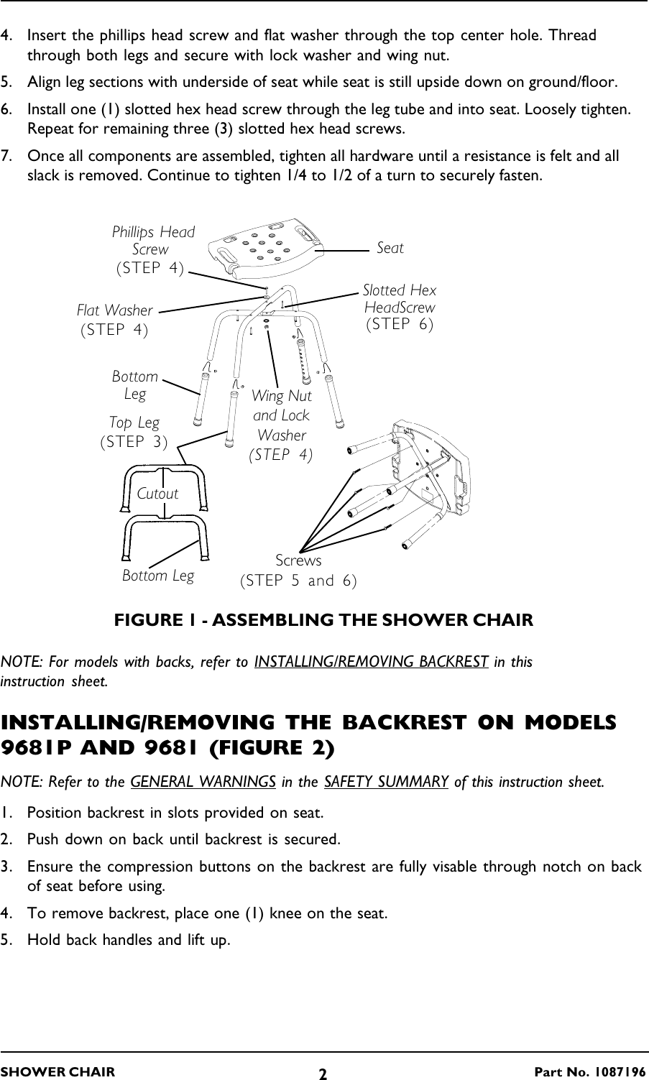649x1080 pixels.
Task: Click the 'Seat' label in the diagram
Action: (x=390, y=248)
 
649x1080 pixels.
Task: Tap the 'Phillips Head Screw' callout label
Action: (x=152, y=241)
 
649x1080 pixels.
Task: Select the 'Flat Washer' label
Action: (x=115, y=311)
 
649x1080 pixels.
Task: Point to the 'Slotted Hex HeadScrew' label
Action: (x=400, y=299)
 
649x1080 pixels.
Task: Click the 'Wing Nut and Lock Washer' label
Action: (x=281, y=415)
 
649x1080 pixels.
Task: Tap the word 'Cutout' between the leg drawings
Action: (x=157, y=494)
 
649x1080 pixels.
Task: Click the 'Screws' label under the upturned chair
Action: (x=298, y=560)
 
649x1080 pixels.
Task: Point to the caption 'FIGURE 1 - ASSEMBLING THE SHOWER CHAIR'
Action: (x=324, y=619)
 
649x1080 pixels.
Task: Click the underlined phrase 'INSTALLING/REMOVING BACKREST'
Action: (x=372, y=662)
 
